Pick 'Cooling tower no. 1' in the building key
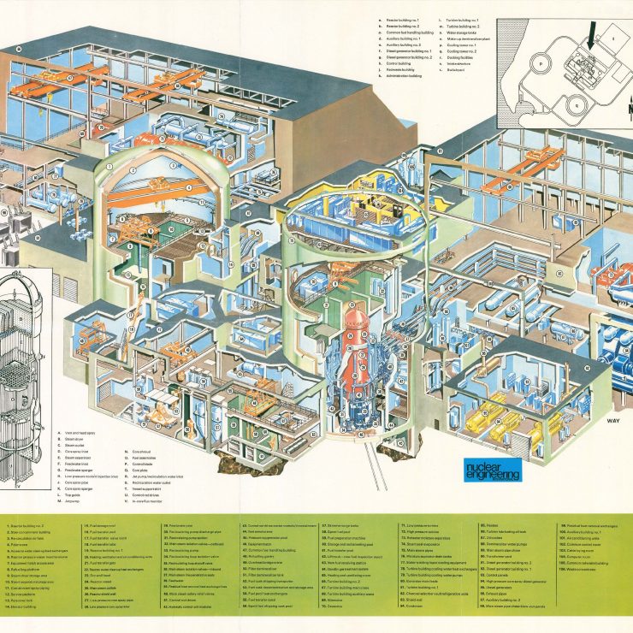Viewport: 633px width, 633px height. [463, 44]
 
